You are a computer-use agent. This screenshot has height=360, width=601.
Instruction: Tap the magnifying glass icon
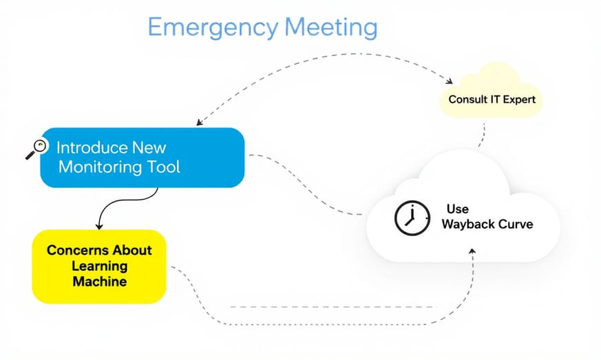(x=36, y=148)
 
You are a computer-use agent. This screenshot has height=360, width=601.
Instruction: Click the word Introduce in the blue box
(x=92, y=147)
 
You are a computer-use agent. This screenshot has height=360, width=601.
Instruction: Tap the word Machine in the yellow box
(x=99, y=282)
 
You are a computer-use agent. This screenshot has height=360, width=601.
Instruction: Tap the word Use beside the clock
(x=457, y=209)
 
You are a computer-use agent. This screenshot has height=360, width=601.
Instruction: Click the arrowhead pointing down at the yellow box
(x=99, y=226)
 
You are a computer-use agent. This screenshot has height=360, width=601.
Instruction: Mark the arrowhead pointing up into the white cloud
(x=472, y=251)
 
